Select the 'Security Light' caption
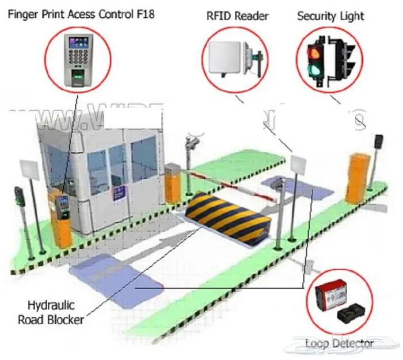(331, 16)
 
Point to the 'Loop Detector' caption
(339, 343)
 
